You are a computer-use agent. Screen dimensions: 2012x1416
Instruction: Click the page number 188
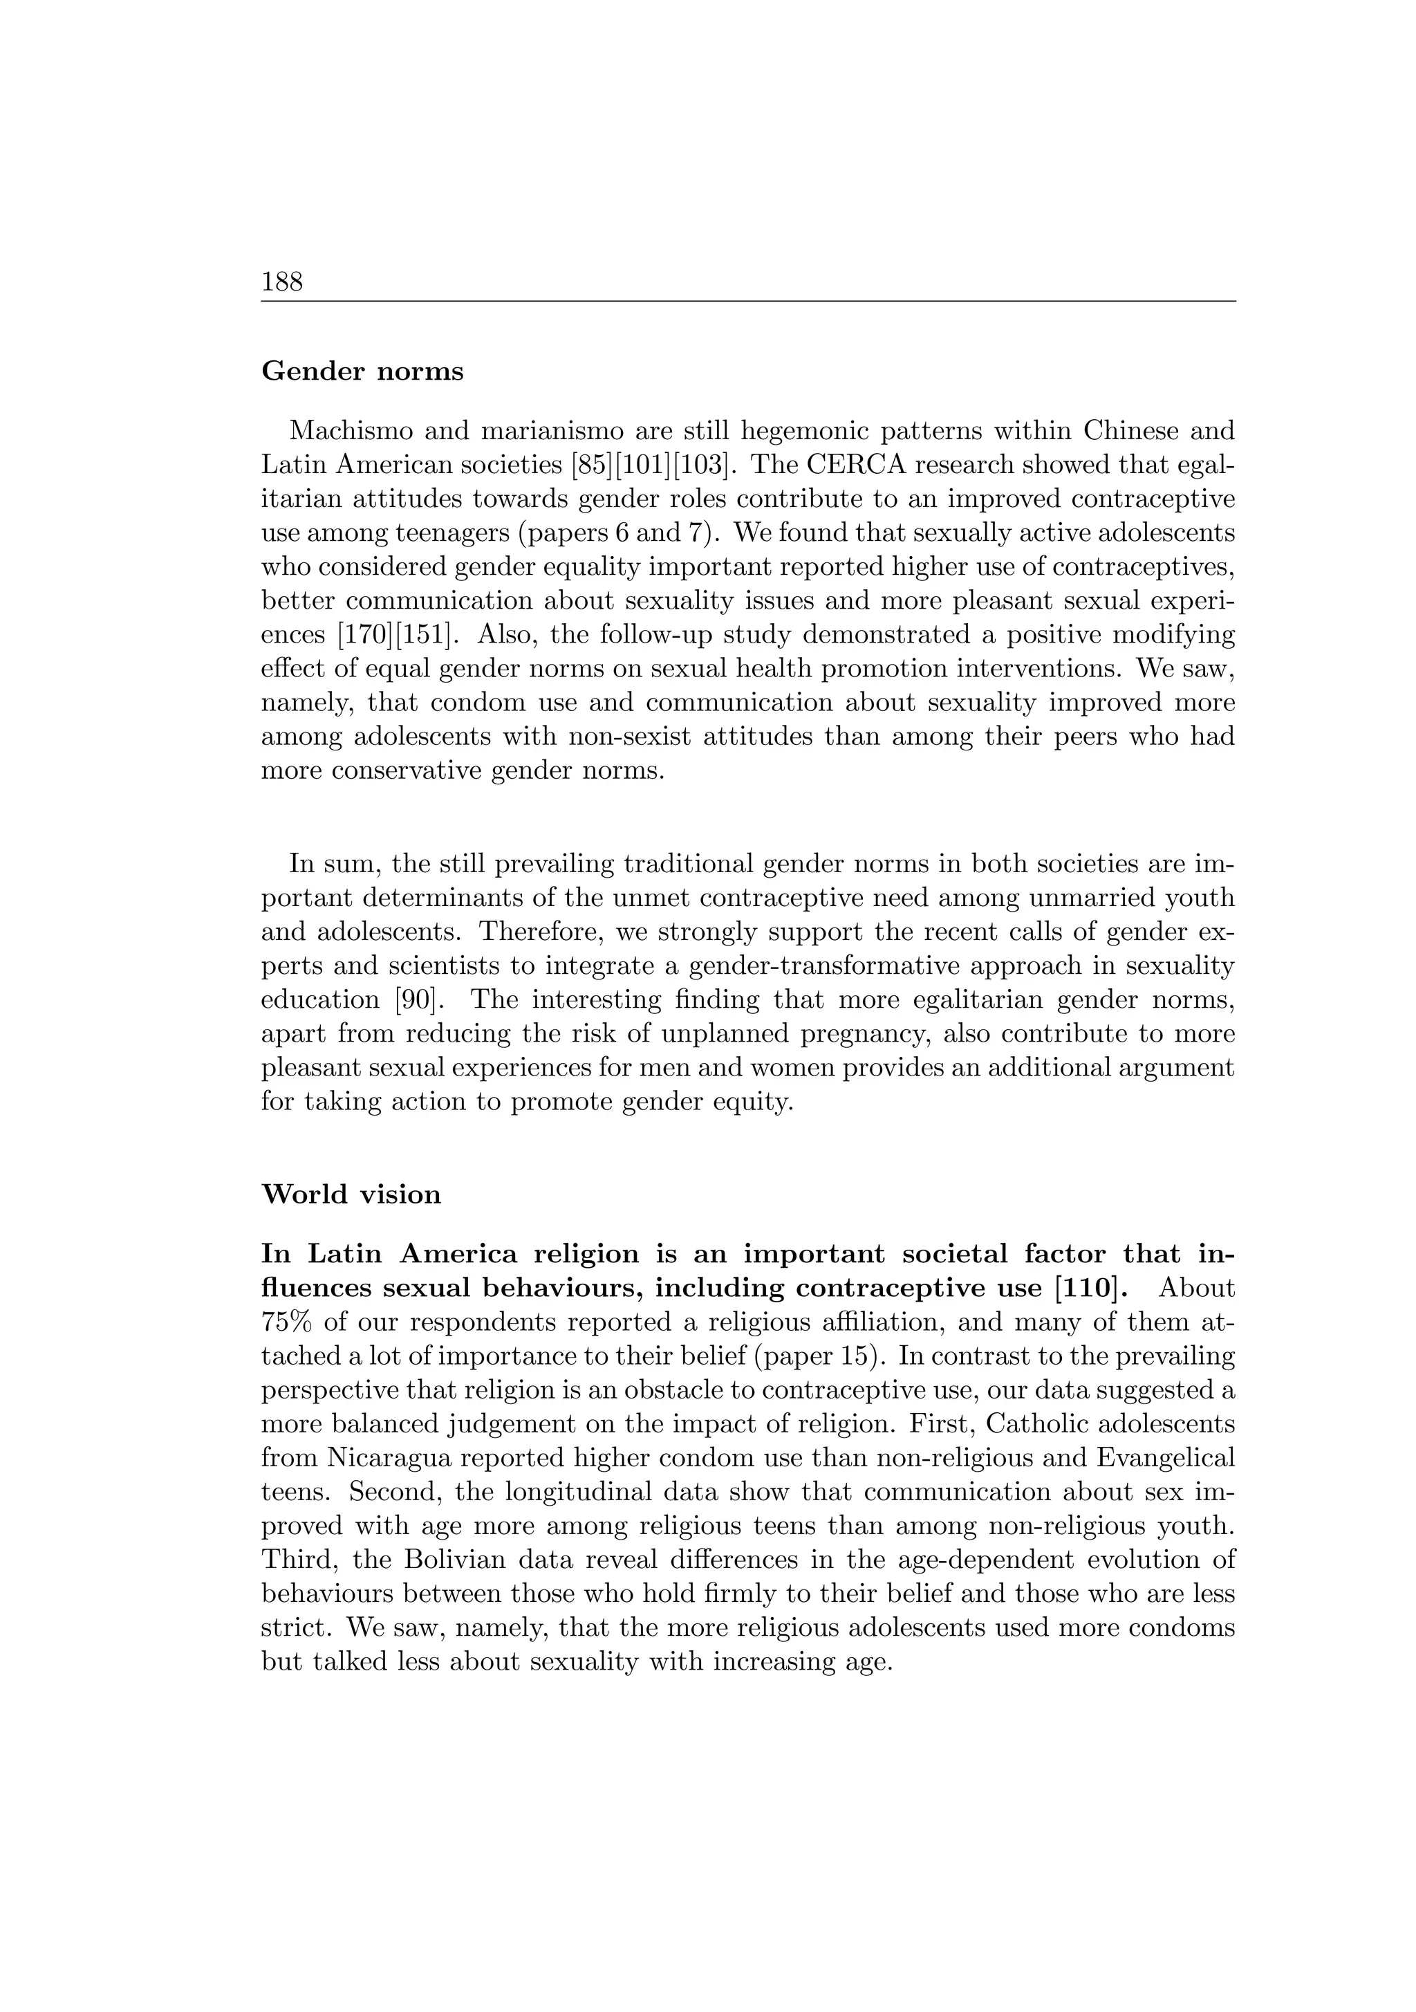(281, 282)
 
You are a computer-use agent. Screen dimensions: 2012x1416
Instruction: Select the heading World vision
(351, 1194)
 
